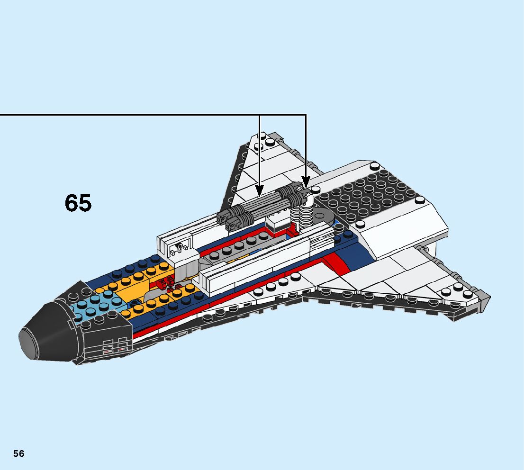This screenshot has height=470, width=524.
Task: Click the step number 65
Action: (78, 203)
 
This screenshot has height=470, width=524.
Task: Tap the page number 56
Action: (18, 453)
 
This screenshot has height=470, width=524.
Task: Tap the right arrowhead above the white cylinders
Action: (306, 182)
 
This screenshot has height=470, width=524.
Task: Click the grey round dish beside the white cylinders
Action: (325, 216)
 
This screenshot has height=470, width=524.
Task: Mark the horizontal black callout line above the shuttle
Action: (142, 115)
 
